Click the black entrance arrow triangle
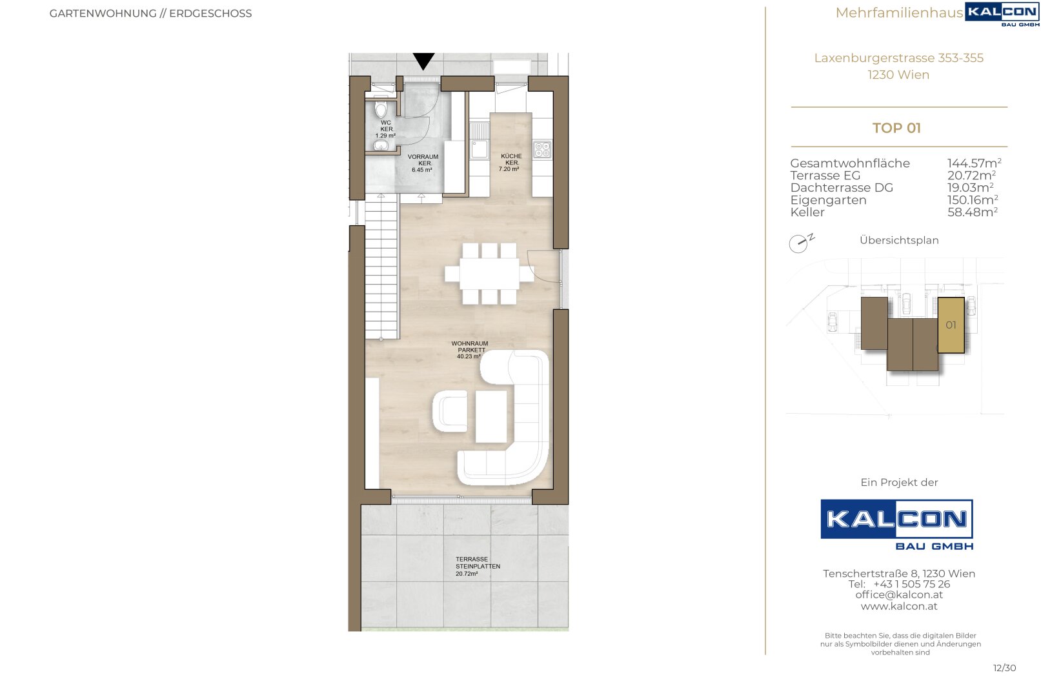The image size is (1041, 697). tap(423, 60)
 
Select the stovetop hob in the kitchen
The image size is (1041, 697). tap(542, 149)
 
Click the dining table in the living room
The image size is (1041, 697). tap(489, 274)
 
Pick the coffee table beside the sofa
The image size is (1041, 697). tap(490, 416)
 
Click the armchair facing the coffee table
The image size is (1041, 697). tap(449, 411)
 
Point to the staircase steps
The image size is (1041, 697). tap(381, 267)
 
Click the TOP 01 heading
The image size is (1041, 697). tap(896, 128)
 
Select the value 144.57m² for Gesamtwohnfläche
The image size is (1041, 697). tap(974, 163)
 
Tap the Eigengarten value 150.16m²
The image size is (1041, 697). tap(973, 200)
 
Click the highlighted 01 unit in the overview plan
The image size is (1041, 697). tap(951, 325)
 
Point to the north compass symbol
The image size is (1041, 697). tap(801, 242)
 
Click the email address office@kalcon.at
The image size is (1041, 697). tap(899, 595)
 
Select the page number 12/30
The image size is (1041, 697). tap(1004, 668)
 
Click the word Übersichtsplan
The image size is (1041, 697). tap(899, 240)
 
